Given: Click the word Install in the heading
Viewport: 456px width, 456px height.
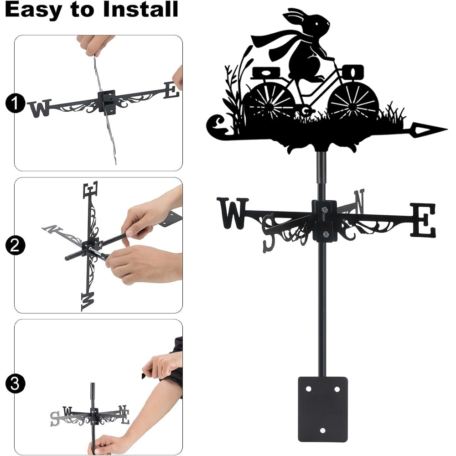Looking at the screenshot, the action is coord(141,9).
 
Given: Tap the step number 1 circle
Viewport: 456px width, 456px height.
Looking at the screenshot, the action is coord(15,103).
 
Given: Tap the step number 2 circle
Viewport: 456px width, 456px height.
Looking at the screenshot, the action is coord(15,245).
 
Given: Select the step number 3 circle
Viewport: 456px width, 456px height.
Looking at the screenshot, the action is coord(15,383).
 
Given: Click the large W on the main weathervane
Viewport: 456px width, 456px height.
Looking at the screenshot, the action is coord(233,212).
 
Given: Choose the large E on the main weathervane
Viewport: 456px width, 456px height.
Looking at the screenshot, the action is coord(424,220).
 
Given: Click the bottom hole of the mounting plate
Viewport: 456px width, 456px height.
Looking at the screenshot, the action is coord(322,430).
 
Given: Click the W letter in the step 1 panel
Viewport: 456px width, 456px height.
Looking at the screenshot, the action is coord(40,108).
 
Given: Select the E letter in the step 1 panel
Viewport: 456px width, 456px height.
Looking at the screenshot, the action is coord(171,90).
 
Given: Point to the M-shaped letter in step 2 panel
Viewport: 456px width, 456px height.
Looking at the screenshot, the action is coord(88,301).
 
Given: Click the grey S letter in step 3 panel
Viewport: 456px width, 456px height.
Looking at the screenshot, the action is coord(55,419).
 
